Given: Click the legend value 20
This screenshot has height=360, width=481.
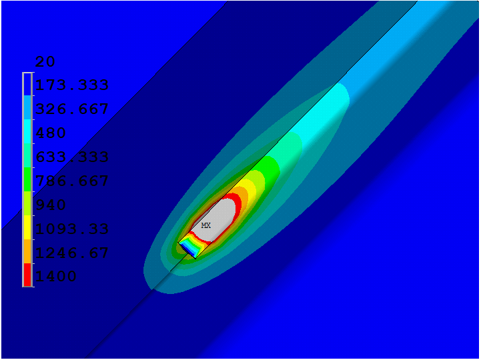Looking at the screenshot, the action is coord(45,61).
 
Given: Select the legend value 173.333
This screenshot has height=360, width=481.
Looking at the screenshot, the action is coord(72,85).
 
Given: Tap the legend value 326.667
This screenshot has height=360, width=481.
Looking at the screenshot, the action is coord(72,109).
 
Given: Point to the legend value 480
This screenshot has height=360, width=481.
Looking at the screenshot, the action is coord(51,133).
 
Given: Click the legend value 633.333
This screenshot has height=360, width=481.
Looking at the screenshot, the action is coord(72,157).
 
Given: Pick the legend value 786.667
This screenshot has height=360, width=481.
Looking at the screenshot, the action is coord(72,181).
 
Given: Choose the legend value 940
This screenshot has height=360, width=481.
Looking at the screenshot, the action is coord(51,205).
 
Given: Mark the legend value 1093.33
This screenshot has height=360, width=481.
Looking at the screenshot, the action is coord(72,229).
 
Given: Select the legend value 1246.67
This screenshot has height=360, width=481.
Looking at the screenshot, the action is coord(72,253).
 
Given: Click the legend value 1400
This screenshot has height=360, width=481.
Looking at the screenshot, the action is coord(56,276).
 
